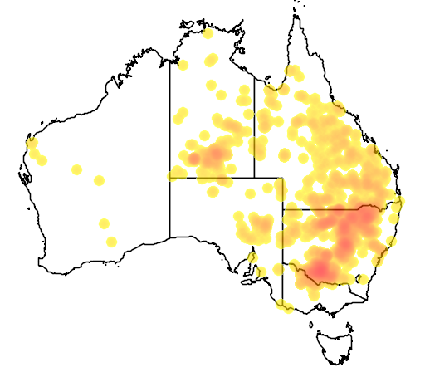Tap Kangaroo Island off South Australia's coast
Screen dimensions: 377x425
pos(247,282)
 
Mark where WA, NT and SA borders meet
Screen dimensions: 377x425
pos(170,177)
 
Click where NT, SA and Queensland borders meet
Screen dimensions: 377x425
pos(254,177)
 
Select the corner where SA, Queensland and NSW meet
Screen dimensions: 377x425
pos(283,209)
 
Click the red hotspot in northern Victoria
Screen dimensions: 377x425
pos(320,269)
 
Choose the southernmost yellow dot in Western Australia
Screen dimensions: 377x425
pos(111,242)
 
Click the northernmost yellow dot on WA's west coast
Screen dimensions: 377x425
pos(32,144)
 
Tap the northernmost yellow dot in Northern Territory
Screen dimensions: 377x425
pos(207,34)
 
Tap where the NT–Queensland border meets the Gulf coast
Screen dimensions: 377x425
pos(254,86)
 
